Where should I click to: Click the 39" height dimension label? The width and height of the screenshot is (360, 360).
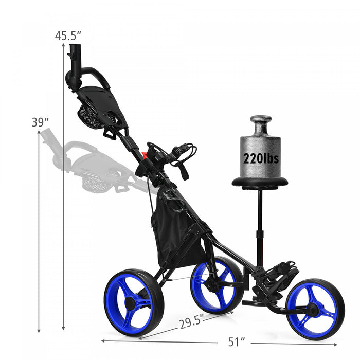pyautogui.click(x=40, y=122)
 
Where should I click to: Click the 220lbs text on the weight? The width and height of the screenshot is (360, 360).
pyautogui.click(x=261, y=158)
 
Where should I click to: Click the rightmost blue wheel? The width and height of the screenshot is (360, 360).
pyautogui.click(x=314, y=309)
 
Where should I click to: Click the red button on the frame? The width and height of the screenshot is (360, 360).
pyautogui.click(x=145, y=154)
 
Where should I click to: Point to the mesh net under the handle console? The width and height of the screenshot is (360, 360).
pyautogui.click(x=91, y=116)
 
